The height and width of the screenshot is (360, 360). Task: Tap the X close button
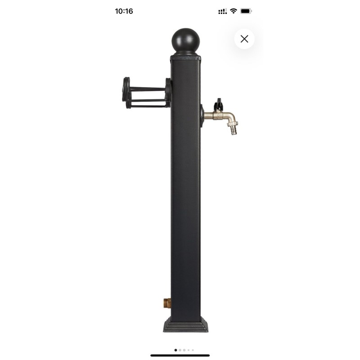pos(244,39)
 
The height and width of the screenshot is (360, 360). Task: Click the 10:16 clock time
pos(124,11)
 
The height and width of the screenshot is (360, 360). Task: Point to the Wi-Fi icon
pos(233,11)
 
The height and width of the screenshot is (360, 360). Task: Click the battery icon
pos(246,11)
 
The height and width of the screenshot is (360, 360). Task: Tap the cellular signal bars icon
pos(222,11)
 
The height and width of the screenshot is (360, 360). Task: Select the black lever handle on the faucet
pos(218,104)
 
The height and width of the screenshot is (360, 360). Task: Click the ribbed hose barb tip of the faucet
pos(234,130)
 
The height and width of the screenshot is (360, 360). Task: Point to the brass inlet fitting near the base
pos(167,303)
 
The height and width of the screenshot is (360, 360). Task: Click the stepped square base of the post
pos(186,324)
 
